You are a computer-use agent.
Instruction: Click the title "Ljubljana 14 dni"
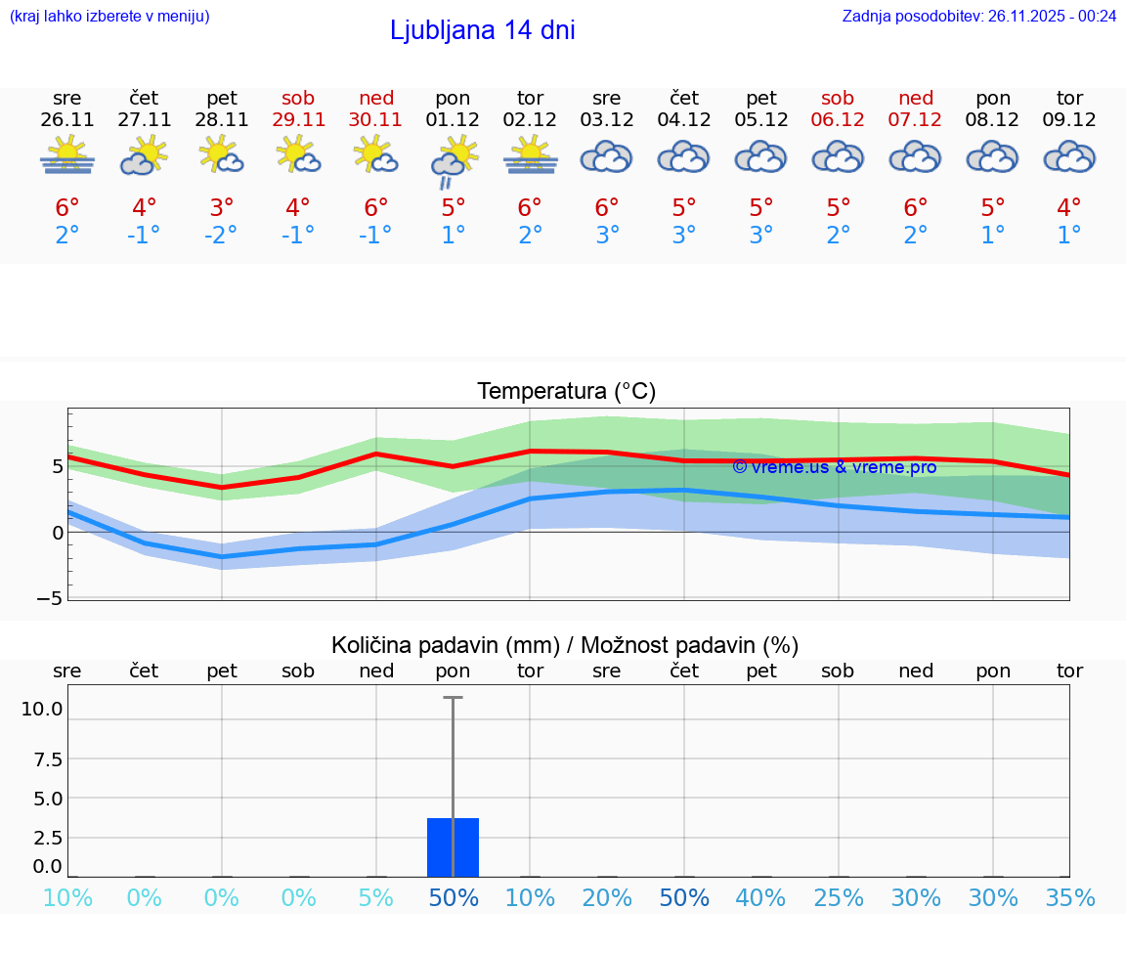coord(482,30)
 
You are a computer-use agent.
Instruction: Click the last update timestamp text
coord(978,17)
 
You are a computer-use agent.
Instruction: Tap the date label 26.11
coord(67,120)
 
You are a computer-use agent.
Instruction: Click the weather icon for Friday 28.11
coord(222,155)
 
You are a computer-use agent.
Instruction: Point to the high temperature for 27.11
coord(145,208)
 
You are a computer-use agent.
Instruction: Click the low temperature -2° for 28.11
coord(222,236)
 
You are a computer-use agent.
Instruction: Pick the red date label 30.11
coord(375,120)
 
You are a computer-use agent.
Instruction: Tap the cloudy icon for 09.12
coord(1069,157)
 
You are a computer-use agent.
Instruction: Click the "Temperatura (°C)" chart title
coord(566,392)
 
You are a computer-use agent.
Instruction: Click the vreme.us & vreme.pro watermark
coord(834,467)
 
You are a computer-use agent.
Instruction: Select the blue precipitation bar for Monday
coord(453,846)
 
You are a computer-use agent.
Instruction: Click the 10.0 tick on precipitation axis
coord(42,710)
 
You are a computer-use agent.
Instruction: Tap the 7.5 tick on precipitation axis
coord(47,759)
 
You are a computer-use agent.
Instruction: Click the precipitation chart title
coord(565,645)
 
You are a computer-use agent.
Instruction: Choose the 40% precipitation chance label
coord(760,898)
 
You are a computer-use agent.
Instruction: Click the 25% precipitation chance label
coord(838,898)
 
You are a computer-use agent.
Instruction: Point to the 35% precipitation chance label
coord(1069,898)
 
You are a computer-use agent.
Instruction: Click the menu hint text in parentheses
coord(109,17)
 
